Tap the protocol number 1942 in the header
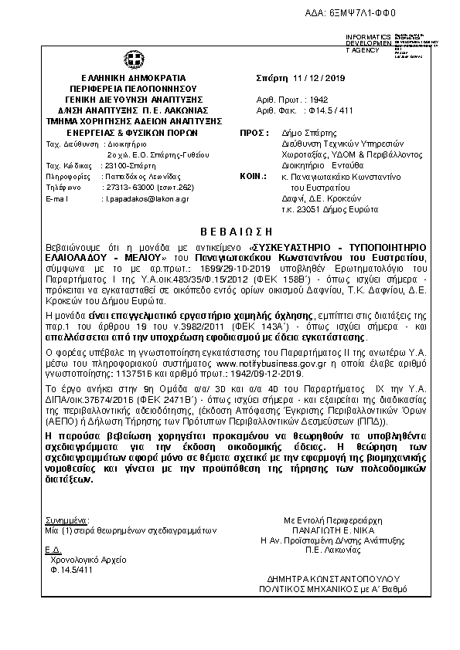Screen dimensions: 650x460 pyautogui.click(x=319, y=100)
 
